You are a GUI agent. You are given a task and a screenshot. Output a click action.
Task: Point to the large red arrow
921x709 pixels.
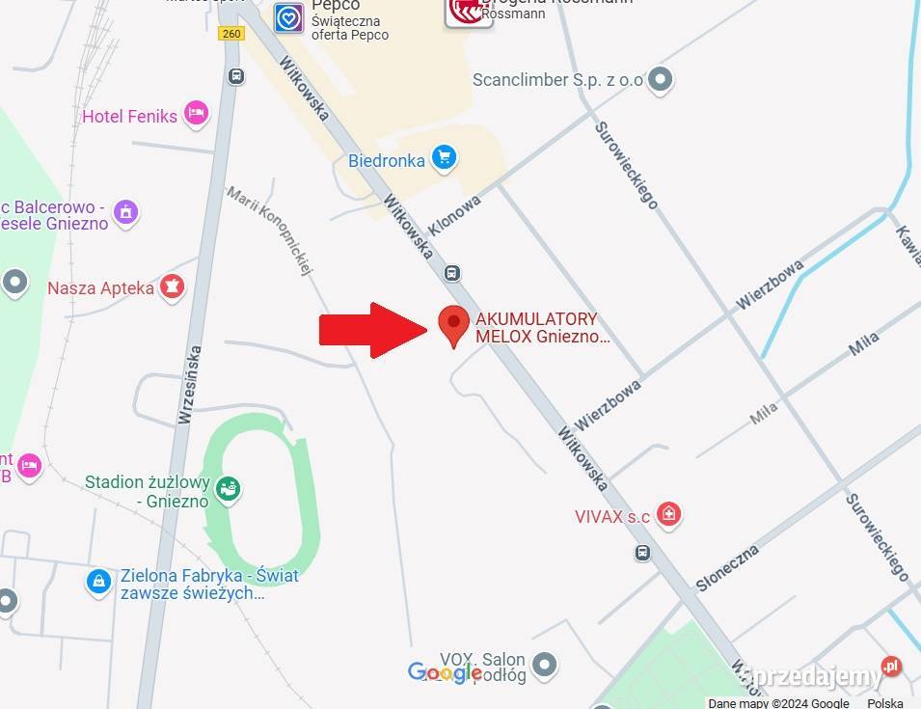[374, 330]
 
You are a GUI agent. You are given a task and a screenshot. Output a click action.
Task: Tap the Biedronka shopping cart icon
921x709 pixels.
[444, 158]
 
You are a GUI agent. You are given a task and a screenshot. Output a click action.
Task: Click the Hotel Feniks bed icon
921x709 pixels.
[196, 114]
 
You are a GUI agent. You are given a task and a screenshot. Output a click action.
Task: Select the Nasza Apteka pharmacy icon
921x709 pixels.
[172, 286]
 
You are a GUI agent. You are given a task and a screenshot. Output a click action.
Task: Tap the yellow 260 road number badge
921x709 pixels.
[231, 34]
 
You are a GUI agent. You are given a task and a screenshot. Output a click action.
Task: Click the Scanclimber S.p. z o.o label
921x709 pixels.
[557, 80]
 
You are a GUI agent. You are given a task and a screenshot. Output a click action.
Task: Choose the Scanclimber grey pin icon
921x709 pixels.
[660, 79]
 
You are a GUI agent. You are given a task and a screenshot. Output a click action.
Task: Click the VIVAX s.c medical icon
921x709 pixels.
[667, 514]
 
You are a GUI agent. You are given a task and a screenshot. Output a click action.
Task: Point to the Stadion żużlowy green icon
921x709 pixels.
[228, 489]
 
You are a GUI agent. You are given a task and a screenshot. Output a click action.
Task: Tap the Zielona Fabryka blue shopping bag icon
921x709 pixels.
[98, 581]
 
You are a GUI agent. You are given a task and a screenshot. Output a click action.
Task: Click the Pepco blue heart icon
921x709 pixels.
[288, 16]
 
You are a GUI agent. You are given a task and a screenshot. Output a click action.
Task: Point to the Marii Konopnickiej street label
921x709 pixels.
[271, 231]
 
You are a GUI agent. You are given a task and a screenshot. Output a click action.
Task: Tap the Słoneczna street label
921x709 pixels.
[727, 568]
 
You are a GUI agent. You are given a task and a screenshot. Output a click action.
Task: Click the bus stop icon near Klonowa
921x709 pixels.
[452, 273]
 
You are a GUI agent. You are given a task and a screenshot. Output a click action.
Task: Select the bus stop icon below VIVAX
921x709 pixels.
[642, 553]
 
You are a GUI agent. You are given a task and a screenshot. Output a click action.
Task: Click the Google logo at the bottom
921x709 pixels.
[445, 672]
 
